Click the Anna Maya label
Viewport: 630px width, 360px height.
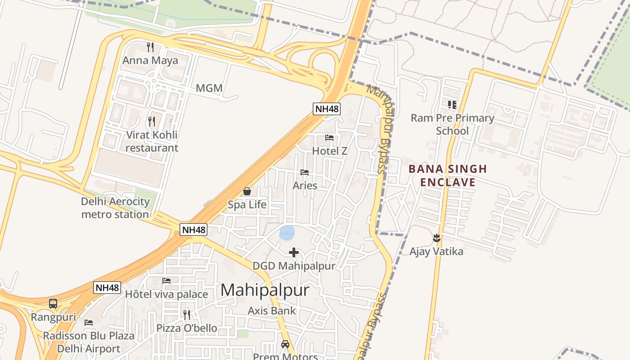[x=150, y=60]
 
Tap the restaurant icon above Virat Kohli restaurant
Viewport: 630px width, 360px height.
[x=152, y=121]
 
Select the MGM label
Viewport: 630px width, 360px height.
[x=209, y=88]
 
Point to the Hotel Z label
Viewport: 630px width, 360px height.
[x=329, y=151]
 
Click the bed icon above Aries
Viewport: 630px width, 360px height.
[x=305, y=172]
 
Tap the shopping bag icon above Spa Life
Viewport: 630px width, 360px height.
[x=247, y=191]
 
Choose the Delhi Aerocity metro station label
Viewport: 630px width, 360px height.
[x=115, y=208]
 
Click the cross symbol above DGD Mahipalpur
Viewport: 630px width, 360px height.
[x=294, y=252]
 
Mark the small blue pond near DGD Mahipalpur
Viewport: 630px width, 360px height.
[x=287, y=233]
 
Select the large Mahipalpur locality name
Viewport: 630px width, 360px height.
[x=265, y=290]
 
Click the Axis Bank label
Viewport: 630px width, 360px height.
[x=272, y=310]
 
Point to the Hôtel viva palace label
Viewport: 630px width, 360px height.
[x=166, y=294]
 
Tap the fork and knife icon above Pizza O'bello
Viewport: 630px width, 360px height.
[x=187, y=314]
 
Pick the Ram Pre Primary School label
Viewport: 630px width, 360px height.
[x=452, y=124]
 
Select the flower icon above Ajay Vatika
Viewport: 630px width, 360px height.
[x=436, y=237]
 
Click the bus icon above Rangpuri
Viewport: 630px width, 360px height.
[x=53, y=304]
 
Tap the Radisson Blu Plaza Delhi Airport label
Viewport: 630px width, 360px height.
[x=89, y=342]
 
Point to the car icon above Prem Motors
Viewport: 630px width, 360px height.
[x=285, y=344]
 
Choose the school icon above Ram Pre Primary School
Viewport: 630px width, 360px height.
[x=452, y=105]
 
